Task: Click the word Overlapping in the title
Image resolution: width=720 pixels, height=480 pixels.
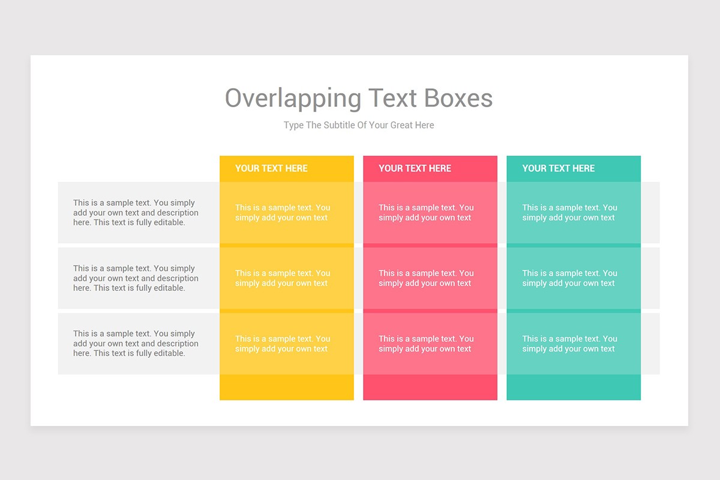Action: click(x=293, y=98)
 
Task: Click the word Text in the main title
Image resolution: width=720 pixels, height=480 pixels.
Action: click(x=392, y=98)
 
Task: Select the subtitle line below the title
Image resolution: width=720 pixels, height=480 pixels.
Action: click(x=359, y=125)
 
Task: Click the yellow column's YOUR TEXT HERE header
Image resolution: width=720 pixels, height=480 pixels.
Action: click(x=271, y=169)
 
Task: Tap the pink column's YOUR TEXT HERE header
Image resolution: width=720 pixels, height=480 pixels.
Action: click(x=415, y=169)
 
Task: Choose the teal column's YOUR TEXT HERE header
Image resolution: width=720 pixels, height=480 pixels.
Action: click(x=558, y=169)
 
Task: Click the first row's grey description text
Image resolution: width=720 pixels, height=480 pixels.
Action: click(x=136, y=212)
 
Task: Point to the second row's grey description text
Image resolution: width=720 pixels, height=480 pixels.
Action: click(x=136, y=278)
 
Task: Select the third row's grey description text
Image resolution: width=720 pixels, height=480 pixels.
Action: click(x=136, y=344)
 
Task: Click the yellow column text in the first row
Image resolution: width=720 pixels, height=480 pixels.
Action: click(x=283, y=213)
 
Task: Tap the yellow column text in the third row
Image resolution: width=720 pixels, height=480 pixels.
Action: click(x=283, y=344)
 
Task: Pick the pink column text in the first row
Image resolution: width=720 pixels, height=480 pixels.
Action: click(x=426, y=213)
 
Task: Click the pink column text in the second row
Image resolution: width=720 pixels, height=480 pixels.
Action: click(x=426, y=278)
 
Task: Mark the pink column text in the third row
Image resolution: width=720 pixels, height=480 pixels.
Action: click(x=426, y=344)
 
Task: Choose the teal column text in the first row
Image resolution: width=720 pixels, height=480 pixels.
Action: click(x=569, y=213)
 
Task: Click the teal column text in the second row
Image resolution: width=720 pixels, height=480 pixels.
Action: click(x=569, y=278)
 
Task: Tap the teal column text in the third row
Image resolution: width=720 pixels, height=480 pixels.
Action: click(x=569, y=344)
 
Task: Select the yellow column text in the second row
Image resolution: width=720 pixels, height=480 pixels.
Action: click(x=283, y=278)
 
